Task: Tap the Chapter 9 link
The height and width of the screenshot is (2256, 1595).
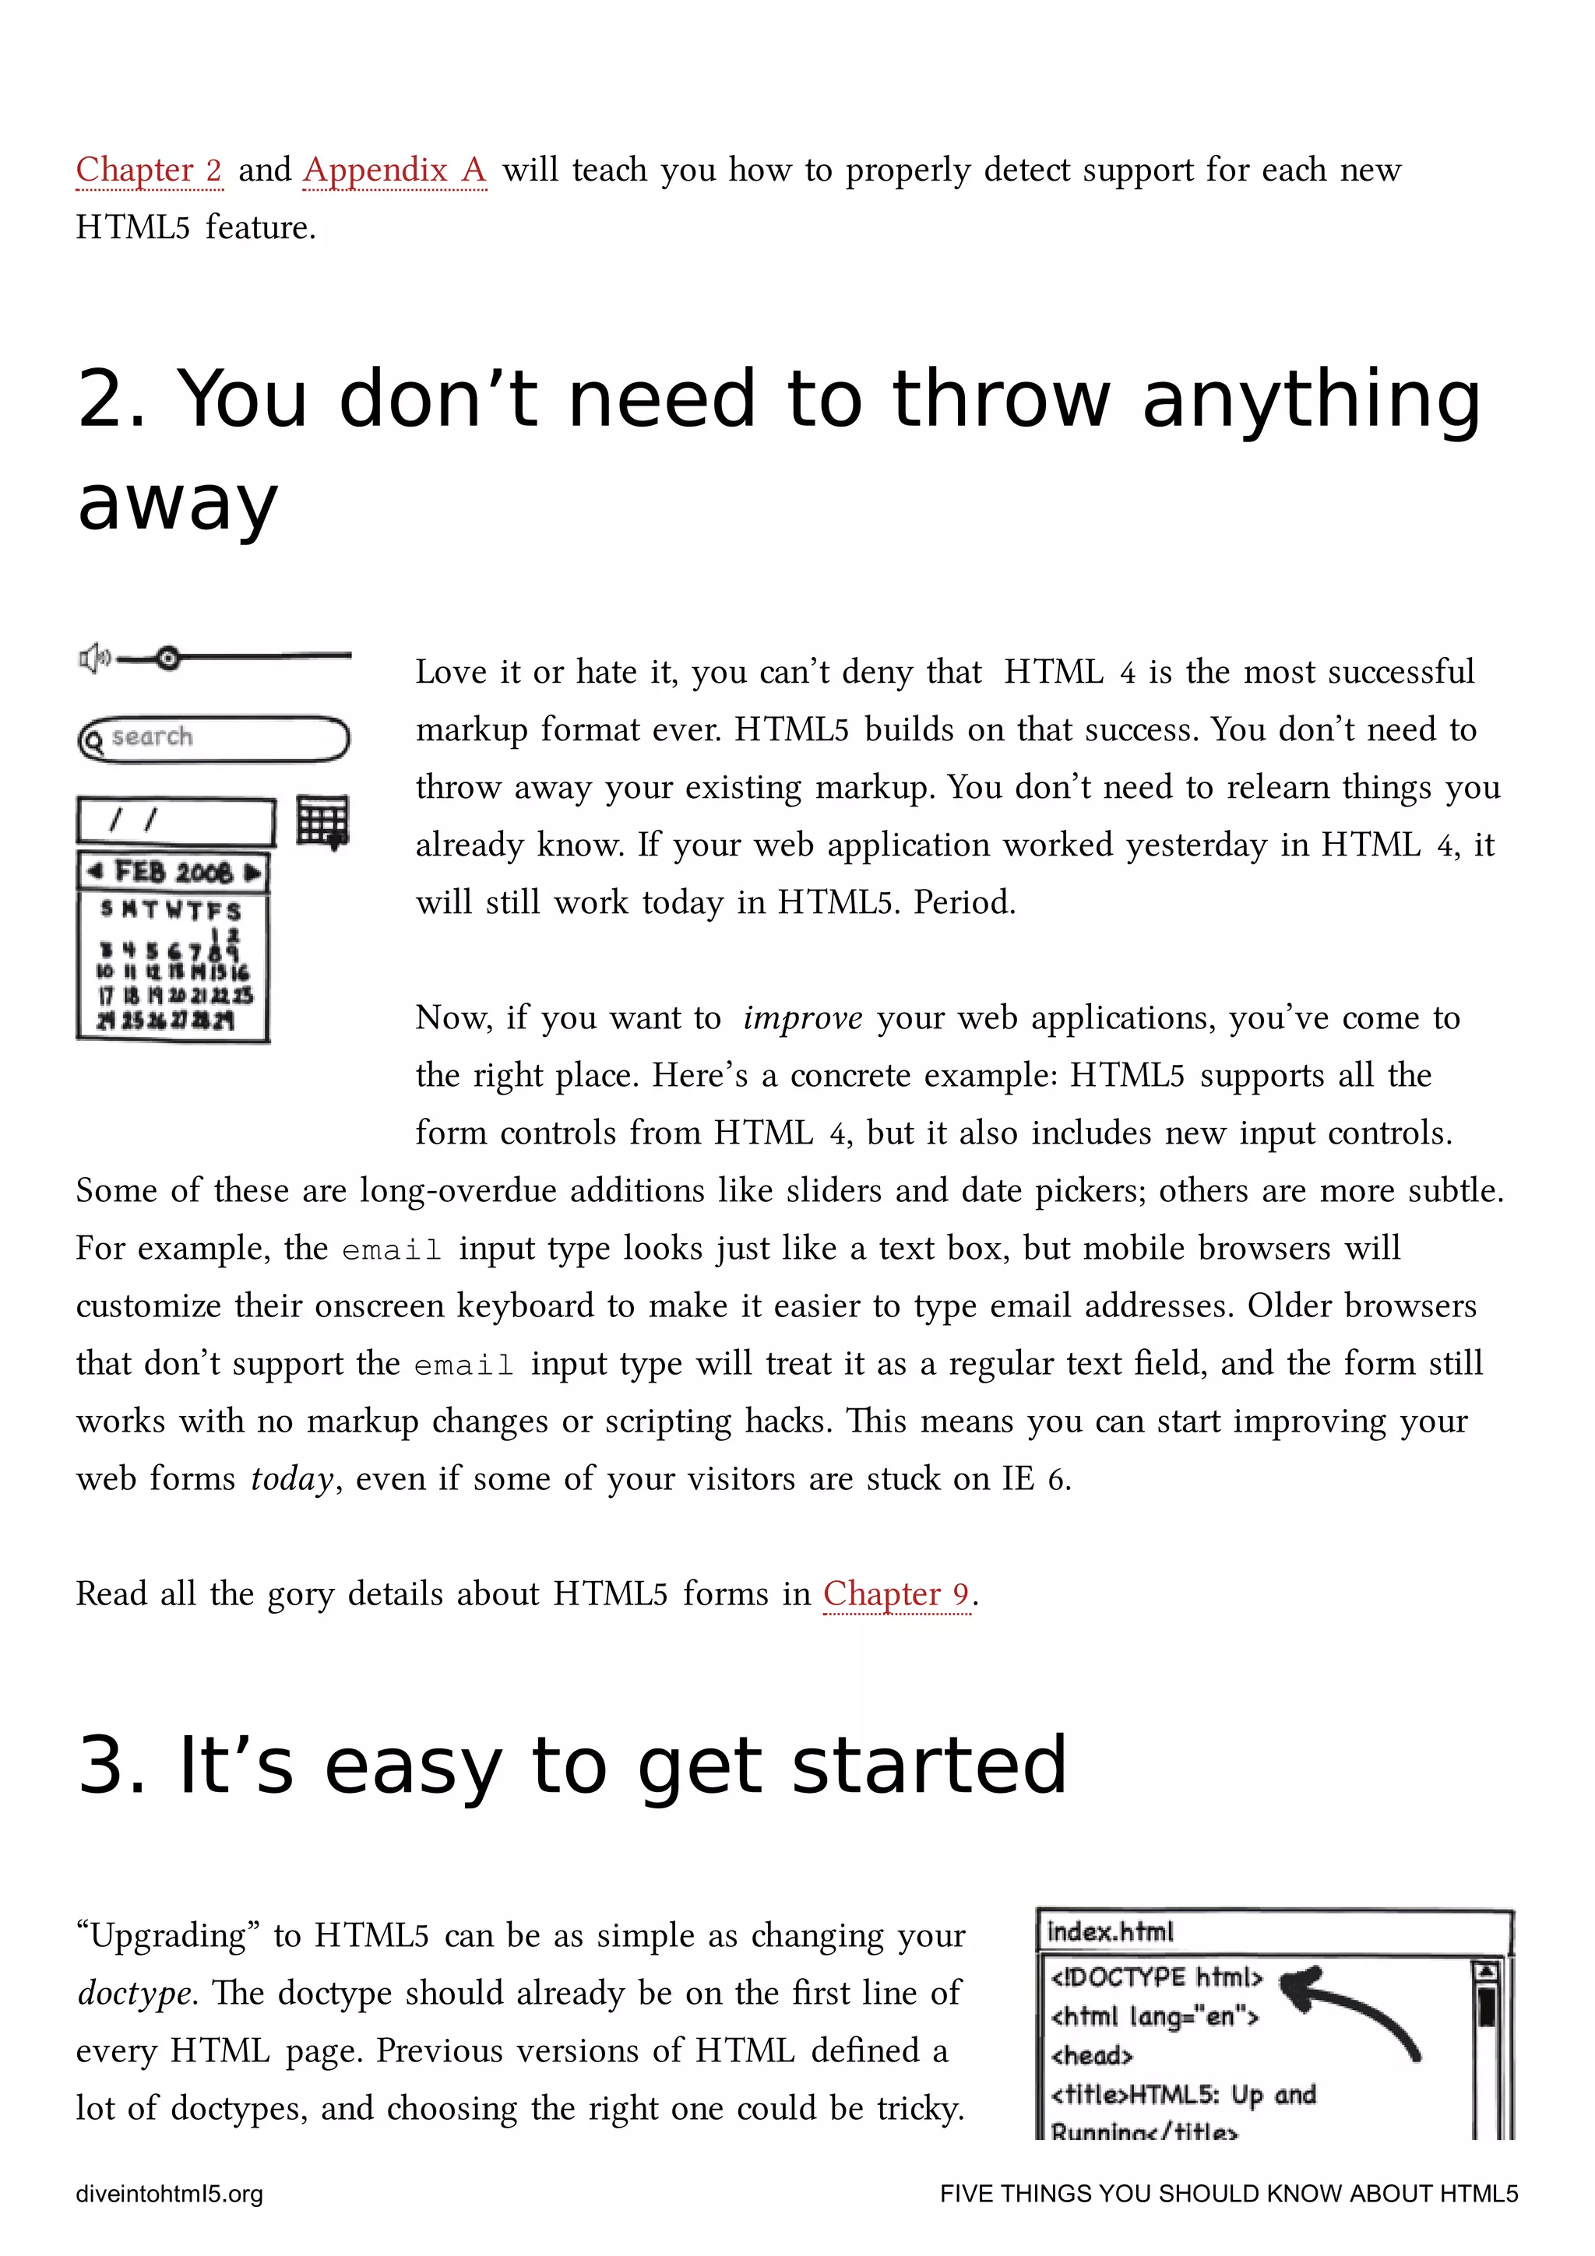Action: point(896,1593)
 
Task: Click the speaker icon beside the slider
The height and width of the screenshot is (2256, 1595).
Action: point(93,657)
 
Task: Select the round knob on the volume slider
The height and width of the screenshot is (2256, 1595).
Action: point(168,657)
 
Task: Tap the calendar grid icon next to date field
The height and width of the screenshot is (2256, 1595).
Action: point(323,821)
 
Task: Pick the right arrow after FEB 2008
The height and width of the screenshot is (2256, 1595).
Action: point(252,872)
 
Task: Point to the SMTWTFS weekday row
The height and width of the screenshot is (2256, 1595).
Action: point(171,910)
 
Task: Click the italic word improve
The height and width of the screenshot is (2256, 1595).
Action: point(802,1018)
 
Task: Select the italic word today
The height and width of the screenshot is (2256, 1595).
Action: point(292,1479)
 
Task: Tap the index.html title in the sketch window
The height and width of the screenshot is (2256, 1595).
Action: point(1111,1931)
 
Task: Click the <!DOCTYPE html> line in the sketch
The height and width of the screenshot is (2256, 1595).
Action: point(1156,1977)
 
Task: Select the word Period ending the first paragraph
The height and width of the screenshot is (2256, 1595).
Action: point(964,902)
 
